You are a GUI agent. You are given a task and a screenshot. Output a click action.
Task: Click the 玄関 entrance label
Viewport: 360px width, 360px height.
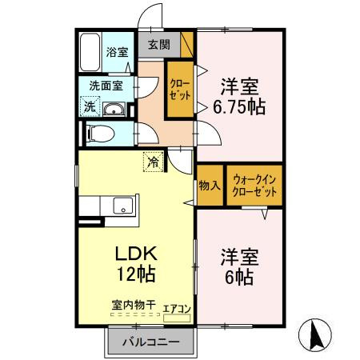(157, 46)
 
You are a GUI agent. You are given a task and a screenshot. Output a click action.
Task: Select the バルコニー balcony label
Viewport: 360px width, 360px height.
(151, 343)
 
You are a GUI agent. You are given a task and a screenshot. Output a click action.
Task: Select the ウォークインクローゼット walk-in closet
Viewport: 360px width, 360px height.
(254, 185)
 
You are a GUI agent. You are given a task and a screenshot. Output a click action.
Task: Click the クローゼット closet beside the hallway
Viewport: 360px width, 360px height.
(178, 90)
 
